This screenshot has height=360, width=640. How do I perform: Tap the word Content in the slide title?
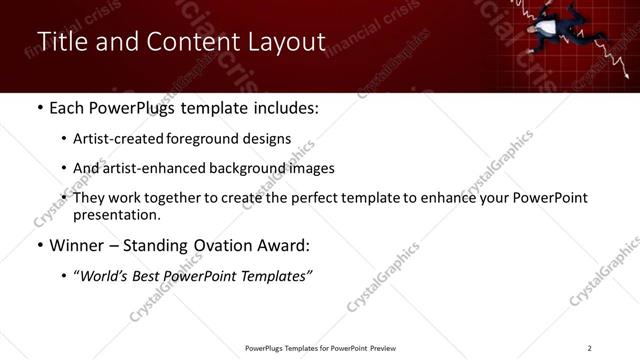click(187, 42)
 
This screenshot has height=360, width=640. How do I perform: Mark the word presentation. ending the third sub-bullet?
click(116, 215)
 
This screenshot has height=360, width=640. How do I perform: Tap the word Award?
click(282, 245)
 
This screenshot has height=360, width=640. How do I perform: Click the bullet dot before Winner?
click(38, 246)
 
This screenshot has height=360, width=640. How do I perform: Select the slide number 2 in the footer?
click(589, 348)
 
